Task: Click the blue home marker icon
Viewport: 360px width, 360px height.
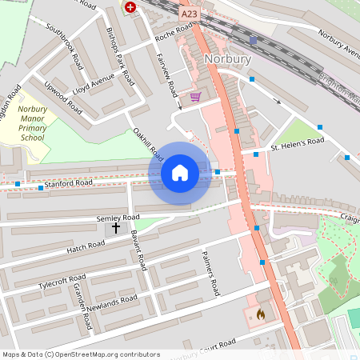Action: pyautogui.click(x=180, y=173)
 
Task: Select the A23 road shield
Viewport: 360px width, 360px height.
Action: pyautogui.click(x=189, y=14)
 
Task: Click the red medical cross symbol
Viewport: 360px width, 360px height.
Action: pyautogui.click(x=130, y=6)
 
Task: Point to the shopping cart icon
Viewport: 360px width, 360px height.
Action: pyautogui.click(x=195, y=97)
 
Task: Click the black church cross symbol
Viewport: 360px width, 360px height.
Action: pyautogui.click(x=115, y=228)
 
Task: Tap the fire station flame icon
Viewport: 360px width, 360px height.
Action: pyautogui.click(x=260, y=315)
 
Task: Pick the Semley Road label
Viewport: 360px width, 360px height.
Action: pyautogui.click(x=118, y=218)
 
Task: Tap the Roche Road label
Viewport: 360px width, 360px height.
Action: pyautogui.click(x=174, y=33)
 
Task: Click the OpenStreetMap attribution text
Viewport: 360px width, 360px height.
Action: pyautogui.click(x=81, y=354)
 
